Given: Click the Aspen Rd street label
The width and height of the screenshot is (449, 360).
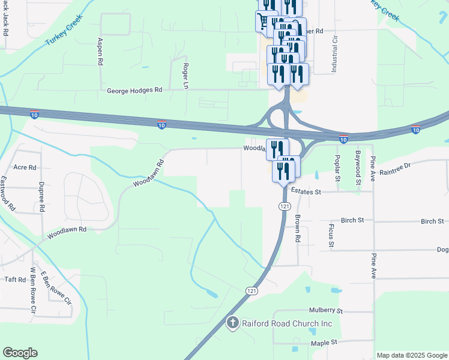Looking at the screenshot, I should pos(100,52).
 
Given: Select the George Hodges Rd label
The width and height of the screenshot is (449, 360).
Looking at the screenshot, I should pos(134,91).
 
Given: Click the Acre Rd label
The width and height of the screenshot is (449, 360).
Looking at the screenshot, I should pos(25,167).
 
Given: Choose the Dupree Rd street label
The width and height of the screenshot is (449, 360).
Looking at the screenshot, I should pos(41,197).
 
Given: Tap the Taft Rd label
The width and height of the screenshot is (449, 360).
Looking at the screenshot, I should pos(14,280).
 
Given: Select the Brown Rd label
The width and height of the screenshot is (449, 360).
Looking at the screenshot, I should pos(297,229).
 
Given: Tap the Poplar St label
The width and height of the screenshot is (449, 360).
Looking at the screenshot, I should pos(337,166).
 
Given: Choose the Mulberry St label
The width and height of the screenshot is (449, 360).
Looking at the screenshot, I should pos(325,311).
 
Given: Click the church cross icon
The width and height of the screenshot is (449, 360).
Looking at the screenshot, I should pos(232,323).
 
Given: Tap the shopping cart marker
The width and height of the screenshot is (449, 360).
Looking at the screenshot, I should pos(262,22).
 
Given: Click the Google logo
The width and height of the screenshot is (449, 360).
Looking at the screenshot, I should pos(20,353).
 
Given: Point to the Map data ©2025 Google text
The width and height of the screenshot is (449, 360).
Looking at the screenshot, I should pos(411,355).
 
